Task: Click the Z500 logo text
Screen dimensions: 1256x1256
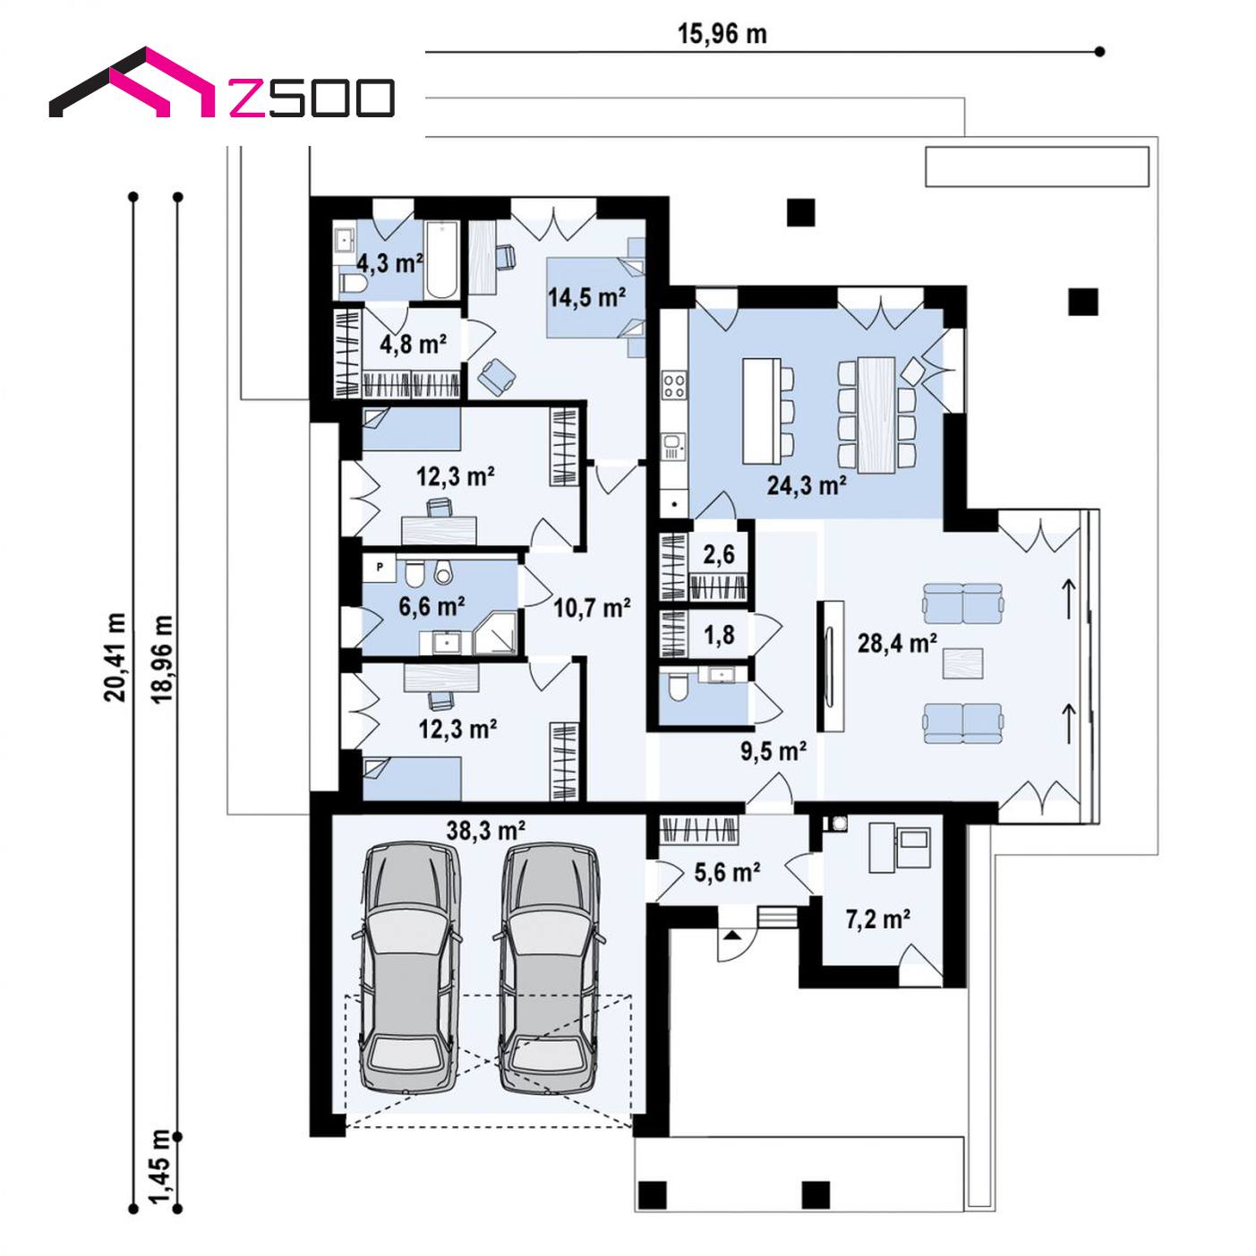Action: click(312, 98)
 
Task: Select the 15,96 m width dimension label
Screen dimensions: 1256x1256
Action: click(722, 34)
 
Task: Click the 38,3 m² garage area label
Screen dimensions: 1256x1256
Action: click(486, 831)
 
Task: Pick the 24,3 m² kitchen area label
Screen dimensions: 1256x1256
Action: click(807, 485)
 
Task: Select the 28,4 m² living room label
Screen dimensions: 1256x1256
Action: click(898, 644)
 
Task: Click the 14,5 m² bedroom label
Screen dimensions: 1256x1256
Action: click(586, 297)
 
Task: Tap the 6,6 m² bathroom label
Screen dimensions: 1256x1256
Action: click(431, 606)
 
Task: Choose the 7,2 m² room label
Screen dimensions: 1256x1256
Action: click(878, 919)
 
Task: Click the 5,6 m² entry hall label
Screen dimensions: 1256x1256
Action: click(727, 872)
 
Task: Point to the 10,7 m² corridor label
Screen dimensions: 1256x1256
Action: click(592, 608)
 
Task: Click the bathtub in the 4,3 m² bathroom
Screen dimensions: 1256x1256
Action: click(441, 261)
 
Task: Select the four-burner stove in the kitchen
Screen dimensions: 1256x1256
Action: click(675, 384)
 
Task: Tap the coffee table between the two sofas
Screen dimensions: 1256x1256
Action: click(962, 663)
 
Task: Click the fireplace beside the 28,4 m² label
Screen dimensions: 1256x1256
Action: click(831, 665)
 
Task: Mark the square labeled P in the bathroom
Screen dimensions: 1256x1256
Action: click(380, 568)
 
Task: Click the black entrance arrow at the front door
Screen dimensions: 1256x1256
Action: click(732, 934)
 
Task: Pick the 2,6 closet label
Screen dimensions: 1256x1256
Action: click(719, 555)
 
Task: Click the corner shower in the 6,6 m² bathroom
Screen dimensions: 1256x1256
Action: click(496, 632)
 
